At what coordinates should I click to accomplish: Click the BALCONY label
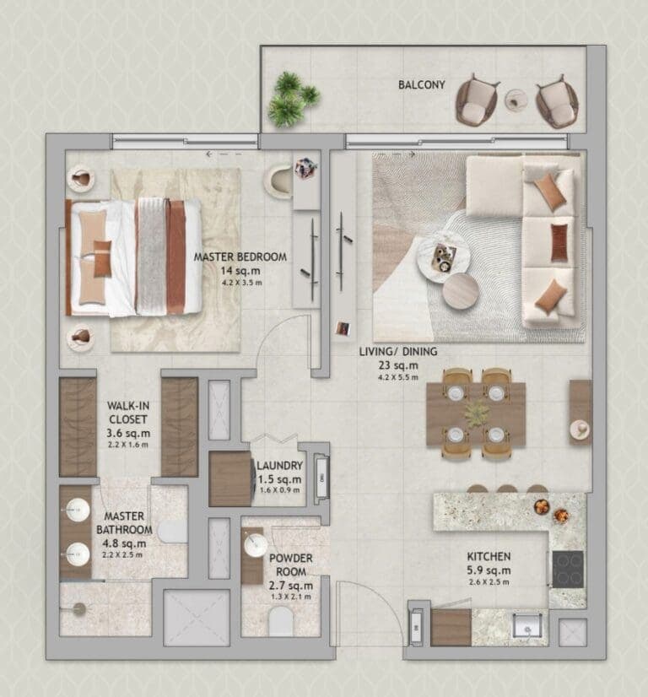[422, 84]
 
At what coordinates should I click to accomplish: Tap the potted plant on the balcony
[289, 99]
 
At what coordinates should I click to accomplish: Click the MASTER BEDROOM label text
[240, 257]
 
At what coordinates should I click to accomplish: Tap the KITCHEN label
[489, 557]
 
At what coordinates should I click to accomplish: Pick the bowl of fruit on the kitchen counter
[541, 506]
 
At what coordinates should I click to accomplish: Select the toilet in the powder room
[279, 623]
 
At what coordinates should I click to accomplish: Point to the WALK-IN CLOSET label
[127, 412]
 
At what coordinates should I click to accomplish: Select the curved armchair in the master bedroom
[278, 181]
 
